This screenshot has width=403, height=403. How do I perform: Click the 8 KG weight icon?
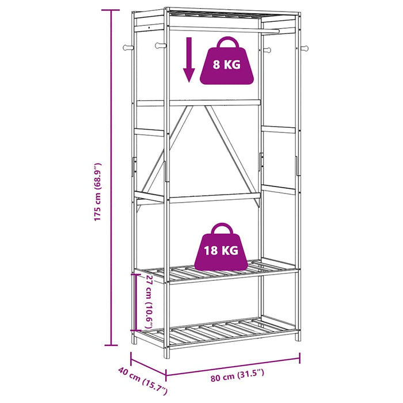(x=227, y=61)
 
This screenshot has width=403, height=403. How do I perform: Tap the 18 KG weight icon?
(x=221, y=247)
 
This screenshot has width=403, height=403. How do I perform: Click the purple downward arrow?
(x=189, y=60)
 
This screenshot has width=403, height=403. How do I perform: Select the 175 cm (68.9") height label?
(x=97, y=192)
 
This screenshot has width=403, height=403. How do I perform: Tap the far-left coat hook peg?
(x=128, y=48)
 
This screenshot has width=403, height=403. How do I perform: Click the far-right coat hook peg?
(x=305, y=48)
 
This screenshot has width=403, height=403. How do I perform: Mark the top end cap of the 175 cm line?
(x=111, y=10)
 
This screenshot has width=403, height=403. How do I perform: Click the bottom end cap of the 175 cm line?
(x=111, y=345)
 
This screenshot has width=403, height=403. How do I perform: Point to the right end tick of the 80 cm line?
(x=300, y=358)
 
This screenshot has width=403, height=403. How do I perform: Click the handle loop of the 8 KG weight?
(x=227, y=42)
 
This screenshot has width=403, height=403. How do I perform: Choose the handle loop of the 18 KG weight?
(x=222, y=228)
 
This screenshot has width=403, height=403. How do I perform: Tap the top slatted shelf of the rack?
(x=216, y=13)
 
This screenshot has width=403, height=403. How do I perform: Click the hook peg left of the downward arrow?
(x=160, y=45)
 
